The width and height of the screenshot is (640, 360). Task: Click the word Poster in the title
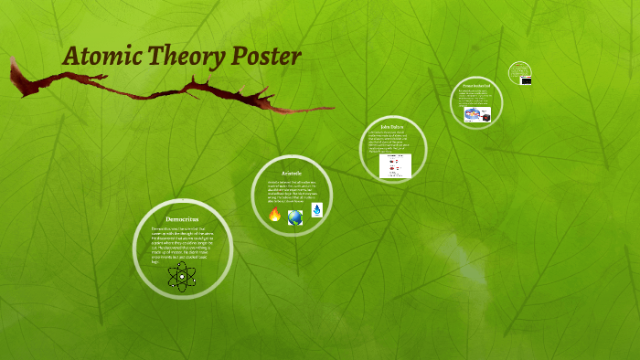coord(264,56)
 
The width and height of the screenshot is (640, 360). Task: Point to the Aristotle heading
coord(292,172)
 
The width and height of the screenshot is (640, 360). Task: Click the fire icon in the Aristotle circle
coord(274,215)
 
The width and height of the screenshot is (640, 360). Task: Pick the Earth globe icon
coord(295,217)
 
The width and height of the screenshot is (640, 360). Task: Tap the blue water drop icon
coord(316,211)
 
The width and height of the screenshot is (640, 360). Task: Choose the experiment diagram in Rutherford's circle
coord(477,115)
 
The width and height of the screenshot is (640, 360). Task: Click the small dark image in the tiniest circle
coord(527,80)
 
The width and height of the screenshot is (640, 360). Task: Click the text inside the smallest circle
coord(519,69)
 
